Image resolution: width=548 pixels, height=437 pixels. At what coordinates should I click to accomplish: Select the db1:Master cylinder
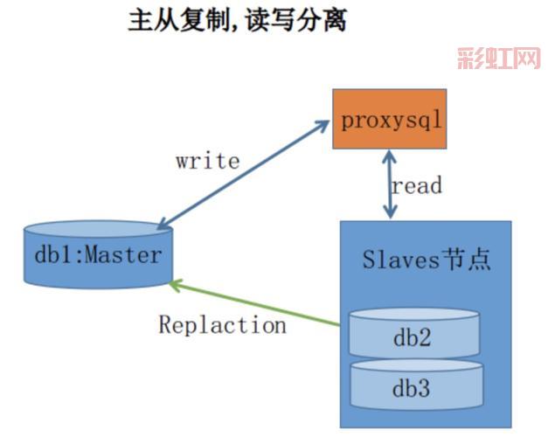(x=97, y=255)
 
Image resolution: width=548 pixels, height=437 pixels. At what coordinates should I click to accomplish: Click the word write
(x=207, y=161)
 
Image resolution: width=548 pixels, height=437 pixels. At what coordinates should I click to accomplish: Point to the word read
(x=417, y=185)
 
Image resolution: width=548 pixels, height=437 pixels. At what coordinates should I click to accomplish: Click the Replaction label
(x=222, y=325)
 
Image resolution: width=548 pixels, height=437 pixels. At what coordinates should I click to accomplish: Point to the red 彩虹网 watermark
(x=497, y=59)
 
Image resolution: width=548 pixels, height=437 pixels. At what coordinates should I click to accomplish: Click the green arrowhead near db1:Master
(x=176, y=284)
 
